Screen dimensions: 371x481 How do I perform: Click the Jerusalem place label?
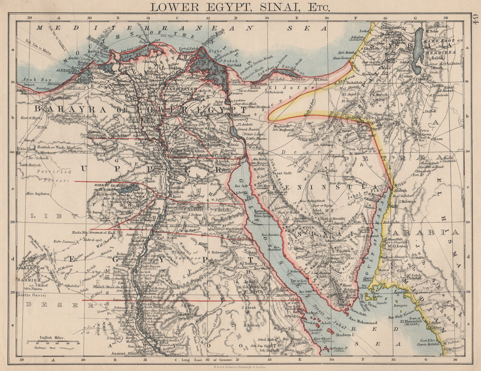coord(390,28)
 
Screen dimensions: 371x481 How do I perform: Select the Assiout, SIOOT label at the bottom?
coord(126,353)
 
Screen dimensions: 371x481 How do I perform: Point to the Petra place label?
coord(410,130)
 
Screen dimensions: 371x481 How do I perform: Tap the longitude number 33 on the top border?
coord(266,18)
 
